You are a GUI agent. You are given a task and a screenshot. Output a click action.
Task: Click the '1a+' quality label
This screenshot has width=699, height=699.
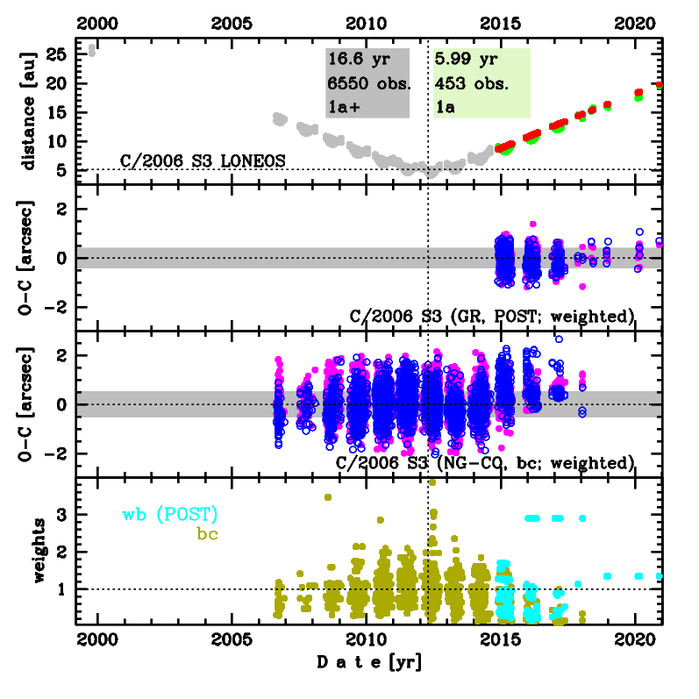click(342, 105)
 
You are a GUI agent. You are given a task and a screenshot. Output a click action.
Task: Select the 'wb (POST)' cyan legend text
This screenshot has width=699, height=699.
click(170, 514)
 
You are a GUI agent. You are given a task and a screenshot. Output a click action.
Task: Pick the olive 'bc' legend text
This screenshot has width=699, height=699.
click(208, 532)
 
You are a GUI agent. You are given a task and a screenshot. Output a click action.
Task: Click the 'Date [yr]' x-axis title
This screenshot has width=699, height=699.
click(369, 665)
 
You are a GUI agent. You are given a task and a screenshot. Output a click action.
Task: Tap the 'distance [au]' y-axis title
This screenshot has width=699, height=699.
click(29, 111)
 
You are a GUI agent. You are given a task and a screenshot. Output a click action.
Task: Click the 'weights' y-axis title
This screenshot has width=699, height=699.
click(29, 552)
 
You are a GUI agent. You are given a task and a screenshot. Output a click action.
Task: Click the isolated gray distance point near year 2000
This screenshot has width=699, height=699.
click(92, 51)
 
